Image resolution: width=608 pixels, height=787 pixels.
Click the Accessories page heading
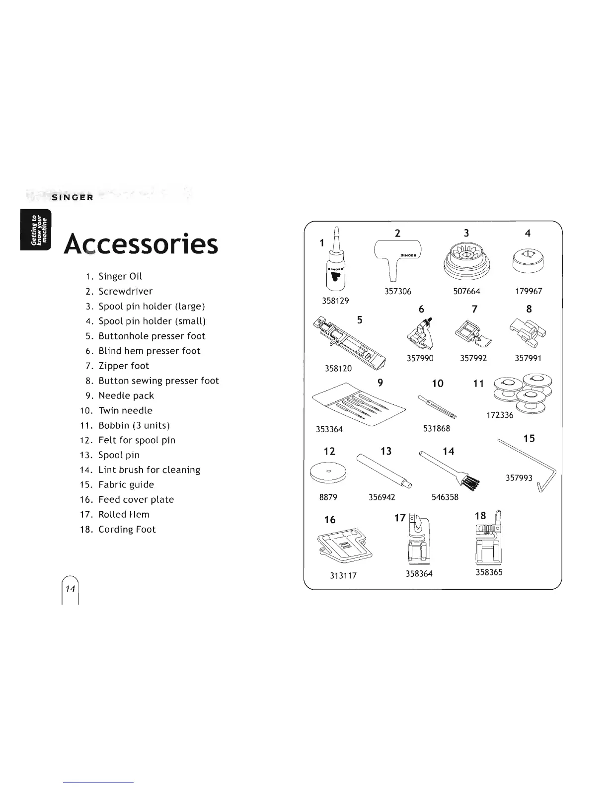coord(141,244)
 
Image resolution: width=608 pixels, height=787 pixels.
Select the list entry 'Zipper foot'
coord(124,366)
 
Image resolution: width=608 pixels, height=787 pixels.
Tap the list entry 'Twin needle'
coord(125,411)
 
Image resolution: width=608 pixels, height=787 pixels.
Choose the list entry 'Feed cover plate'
coord(136,500)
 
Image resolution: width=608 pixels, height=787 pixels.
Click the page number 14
coord(71,589)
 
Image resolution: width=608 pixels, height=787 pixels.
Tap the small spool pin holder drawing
coord(528,260)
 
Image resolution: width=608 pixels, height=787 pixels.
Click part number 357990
coord(420,358)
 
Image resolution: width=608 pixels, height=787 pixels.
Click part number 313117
coord(343,575)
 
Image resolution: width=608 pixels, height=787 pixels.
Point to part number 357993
coord(519,478)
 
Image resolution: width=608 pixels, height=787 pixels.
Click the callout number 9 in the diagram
coord(380,383)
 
